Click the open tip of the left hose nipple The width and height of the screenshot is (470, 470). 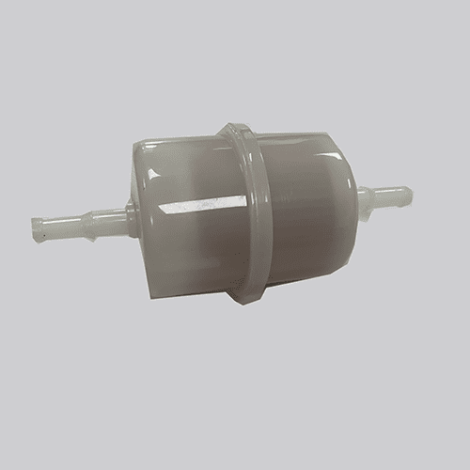[x=38, y=229]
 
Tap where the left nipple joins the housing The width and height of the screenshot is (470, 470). [x=130, y=220]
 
